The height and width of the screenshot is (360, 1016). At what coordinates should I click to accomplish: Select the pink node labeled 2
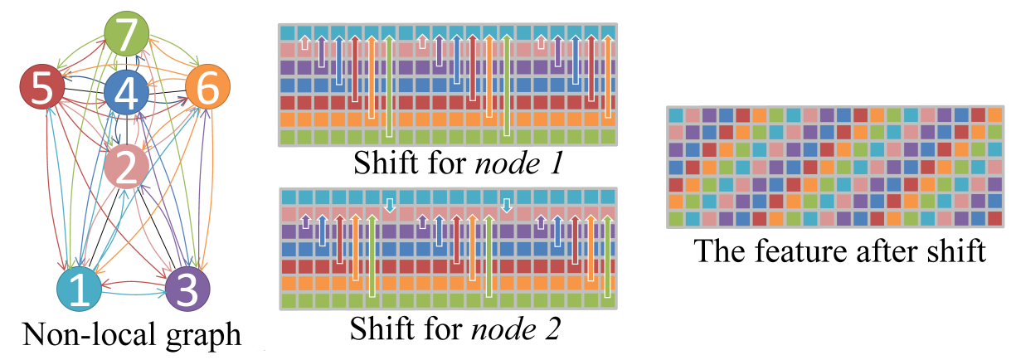tap(127, 167)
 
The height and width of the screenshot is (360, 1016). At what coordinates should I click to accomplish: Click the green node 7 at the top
tap(126, 36)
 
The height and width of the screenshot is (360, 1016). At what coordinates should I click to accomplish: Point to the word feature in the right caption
tap(795, 250)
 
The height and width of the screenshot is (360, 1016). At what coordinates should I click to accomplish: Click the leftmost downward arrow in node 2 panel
tap(389, 203)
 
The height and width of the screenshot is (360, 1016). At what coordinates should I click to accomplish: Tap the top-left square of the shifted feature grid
tap(676, 114)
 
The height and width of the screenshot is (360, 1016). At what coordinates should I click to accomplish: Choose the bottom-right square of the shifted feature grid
tap(994, 219)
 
